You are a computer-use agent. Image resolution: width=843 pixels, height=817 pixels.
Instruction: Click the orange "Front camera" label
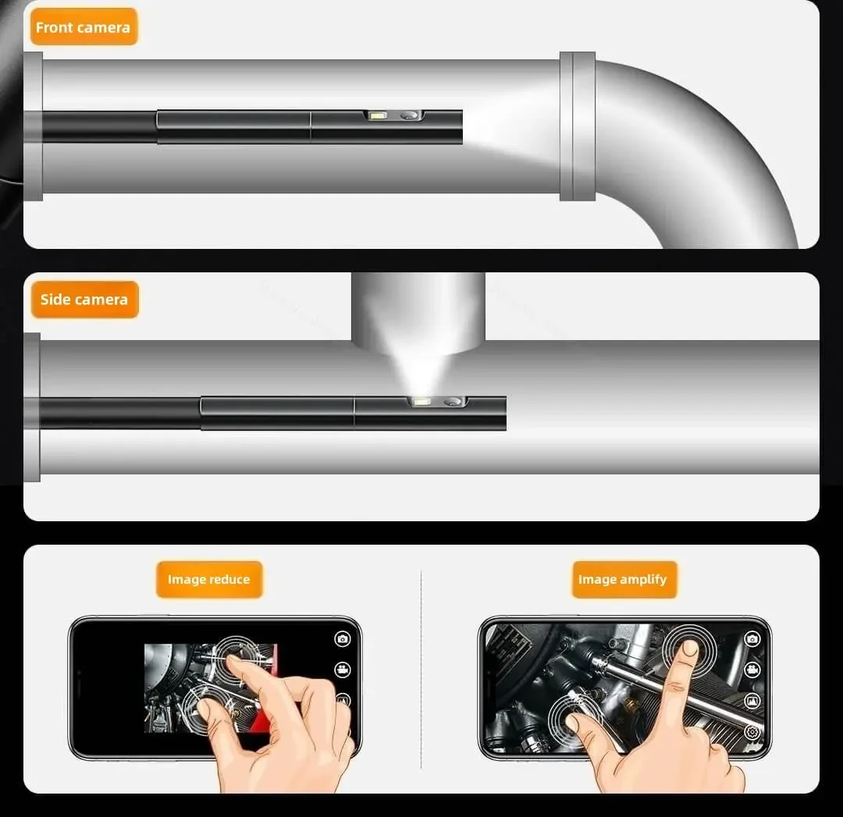[84, 27]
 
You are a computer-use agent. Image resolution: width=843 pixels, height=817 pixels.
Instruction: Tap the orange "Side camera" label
[84, 300]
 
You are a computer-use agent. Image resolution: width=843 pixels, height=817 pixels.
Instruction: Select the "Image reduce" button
[209, 580]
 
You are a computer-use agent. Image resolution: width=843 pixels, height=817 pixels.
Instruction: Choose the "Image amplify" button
[624, 580]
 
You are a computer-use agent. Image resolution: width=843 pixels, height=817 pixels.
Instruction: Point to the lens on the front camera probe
[410, 115]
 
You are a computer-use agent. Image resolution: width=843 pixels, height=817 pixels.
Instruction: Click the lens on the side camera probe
[454, 402]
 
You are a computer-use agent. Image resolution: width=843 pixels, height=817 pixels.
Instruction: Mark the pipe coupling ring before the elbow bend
[578, 126]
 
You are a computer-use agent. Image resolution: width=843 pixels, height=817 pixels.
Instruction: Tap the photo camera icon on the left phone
[343, 638]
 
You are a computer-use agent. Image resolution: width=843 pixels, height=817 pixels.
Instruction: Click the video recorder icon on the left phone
[343, 670]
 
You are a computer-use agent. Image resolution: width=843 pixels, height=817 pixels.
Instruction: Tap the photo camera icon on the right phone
[752, 638]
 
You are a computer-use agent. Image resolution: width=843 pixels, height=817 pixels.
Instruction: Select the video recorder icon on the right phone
[752, 670]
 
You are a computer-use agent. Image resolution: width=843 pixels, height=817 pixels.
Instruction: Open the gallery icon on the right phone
[752, 701]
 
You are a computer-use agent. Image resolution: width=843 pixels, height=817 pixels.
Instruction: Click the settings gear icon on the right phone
[752, 732]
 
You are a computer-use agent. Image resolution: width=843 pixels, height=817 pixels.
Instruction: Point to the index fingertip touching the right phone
[688, 649]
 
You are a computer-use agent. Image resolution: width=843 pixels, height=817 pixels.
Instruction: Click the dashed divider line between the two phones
[421, 670]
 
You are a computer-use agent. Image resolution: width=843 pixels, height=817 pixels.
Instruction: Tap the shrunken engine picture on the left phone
[211, 688]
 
